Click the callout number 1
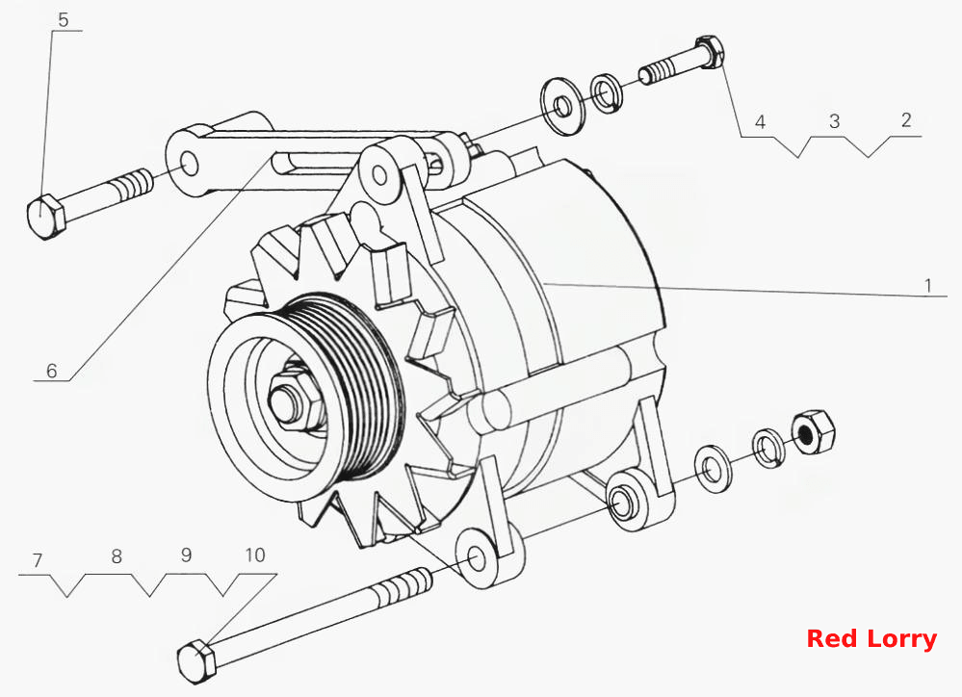coord(928,285)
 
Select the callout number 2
coord(906,119)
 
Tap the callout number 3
coord(834,121)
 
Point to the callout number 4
coord(760,121)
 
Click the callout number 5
coord(64,19)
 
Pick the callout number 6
coord(52,370)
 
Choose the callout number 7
coord(38,560)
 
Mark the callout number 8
coord(117,555)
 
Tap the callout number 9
coord(187,555)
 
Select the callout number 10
coord(255,555)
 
